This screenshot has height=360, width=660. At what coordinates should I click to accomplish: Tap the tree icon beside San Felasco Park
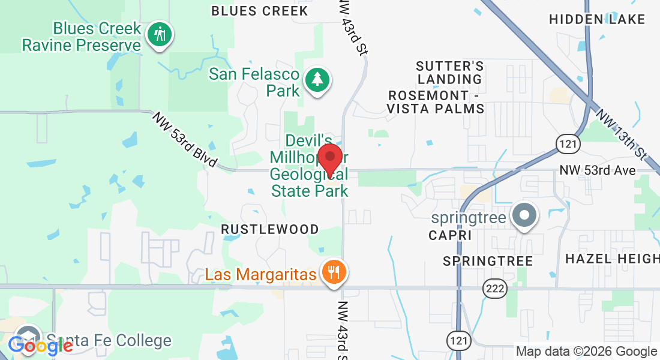pos(317,80)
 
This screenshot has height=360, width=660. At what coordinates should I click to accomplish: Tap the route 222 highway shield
pos(496,289)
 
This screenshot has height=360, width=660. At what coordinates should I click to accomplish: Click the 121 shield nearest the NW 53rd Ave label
pos(567,143)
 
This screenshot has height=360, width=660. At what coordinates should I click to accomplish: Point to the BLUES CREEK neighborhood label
pos(260,11)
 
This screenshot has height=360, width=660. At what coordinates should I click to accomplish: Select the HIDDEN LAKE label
pos(597,19)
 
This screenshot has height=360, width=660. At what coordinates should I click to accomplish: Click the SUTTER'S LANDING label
pos(450,72)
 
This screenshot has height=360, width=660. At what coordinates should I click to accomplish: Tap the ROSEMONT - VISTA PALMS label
pos(436,102)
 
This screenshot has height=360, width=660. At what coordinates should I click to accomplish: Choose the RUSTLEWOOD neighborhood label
pos(270,229)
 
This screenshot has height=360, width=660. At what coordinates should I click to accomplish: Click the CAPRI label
pos(450,236)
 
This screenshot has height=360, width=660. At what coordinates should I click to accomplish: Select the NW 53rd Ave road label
pos(597,170)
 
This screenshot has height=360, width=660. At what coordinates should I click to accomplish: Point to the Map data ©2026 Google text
pos(587,352)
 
